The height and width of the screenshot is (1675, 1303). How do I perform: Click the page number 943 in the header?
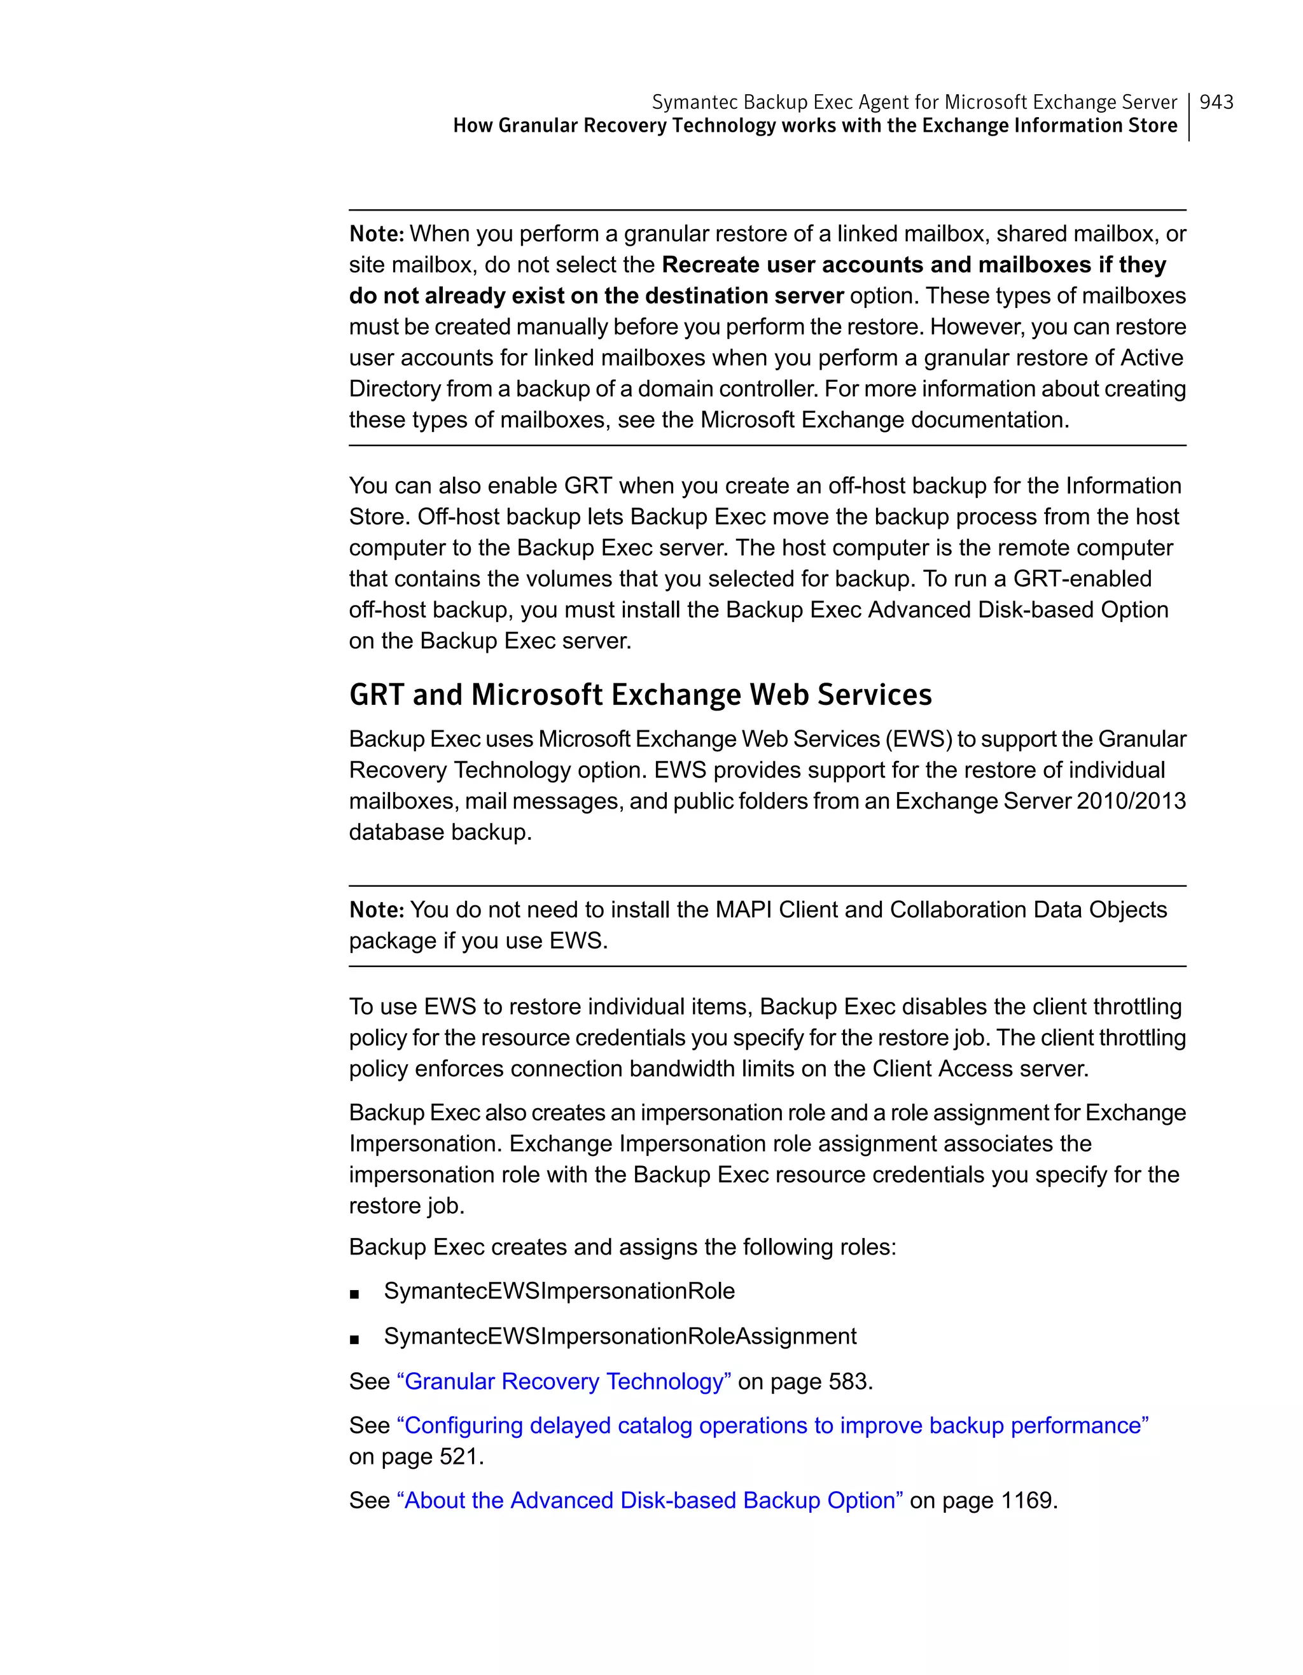[x=1216, y=102]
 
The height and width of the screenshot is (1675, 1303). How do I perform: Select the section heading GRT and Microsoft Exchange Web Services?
[x=641, y=695]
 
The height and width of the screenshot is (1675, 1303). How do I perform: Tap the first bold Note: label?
[x=376, y=234]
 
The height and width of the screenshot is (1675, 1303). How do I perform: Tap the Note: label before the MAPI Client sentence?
[x=376, y=910]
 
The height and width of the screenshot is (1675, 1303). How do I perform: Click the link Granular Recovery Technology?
[x=564, y=1381]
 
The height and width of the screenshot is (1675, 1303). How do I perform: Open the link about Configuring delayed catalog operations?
[x=772, y=1425]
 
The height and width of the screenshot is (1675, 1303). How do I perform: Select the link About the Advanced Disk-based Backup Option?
[x=650, y=1500]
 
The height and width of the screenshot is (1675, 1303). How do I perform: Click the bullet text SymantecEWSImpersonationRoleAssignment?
[x=620, y=1336]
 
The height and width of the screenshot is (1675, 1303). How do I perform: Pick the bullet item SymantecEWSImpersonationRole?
[x=559, y=1291]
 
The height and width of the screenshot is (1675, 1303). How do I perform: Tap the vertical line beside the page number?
[x=1188, y=116]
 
